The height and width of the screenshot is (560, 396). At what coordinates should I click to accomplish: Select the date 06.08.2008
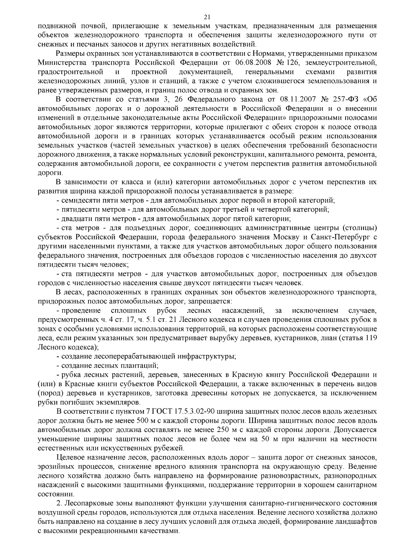252,63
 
